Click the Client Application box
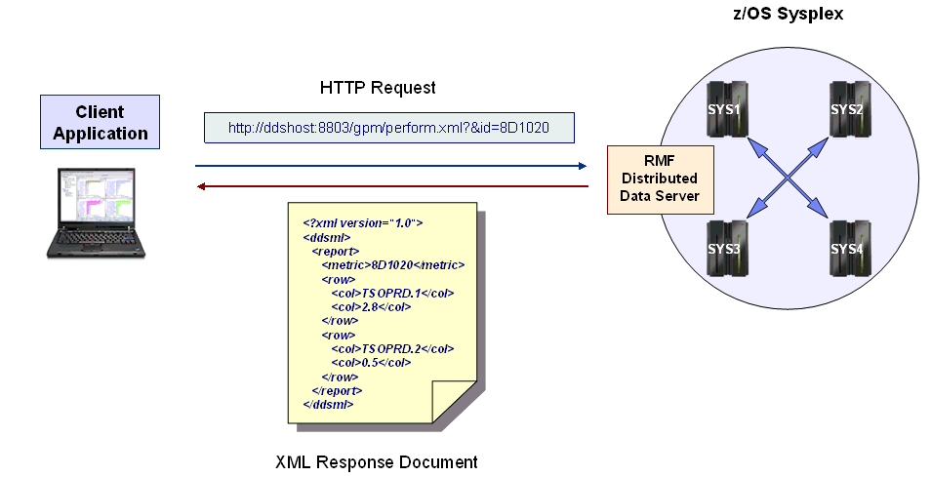click(x=101, y=122)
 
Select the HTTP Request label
click(x=378, y=88)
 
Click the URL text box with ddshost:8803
click(x=388, y=128)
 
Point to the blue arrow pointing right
click(x=390, y=166)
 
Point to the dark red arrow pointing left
click(x=390, y=185)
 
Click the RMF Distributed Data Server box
click(x=659, y=179)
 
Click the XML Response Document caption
click(x=377, y=461)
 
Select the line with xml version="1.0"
click(x=363, y=222)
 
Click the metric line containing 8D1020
click(x=392, y=264)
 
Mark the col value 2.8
click(x=371, y=306)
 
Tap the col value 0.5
click(x=371, y=362)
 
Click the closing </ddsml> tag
click(x=329, y=404)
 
